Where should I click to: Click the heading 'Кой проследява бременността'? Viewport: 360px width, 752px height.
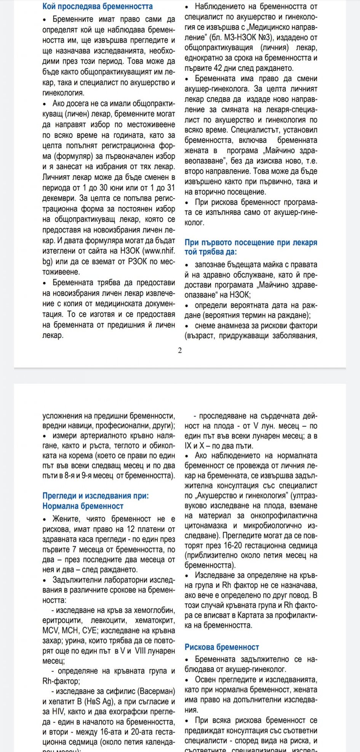coord(98,6)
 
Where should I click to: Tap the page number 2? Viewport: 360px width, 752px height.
coord(180,350)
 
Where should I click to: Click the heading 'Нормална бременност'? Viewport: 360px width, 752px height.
coord(83,506)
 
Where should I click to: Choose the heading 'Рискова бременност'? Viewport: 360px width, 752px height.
coord(222,647)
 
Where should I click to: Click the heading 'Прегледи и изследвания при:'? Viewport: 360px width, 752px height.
coord(96,496)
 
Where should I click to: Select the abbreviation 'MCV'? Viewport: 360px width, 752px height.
coord(50,630)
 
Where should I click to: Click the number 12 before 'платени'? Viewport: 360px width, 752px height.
coord(131,529)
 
